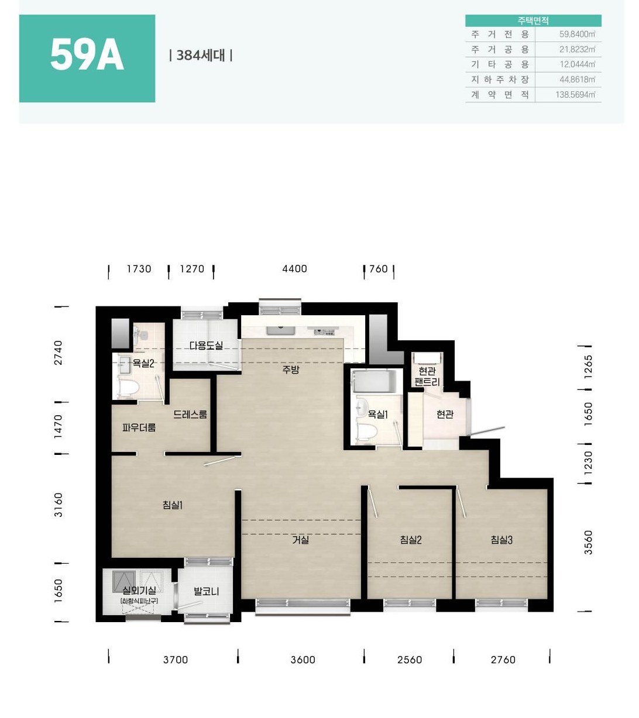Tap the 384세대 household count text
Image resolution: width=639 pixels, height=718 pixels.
201,56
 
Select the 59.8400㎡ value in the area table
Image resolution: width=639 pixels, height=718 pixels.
577,34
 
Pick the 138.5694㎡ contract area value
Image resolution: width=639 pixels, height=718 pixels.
575,95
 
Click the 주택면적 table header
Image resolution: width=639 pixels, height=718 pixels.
533,20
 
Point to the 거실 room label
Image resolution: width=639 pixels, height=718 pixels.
301,540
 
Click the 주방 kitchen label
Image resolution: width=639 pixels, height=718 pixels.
291,370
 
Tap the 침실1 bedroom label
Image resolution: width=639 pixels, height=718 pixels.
173,505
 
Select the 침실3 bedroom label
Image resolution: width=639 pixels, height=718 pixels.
501,540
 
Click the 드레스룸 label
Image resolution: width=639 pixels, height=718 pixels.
190,415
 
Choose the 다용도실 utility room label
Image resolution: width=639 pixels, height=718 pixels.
206,345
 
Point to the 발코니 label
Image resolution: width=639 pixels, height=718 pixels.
206,591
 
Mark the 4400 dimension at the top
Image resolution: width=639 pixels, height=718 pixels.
294,268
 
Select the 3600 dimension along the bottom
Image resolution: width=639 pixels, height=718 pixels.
303,660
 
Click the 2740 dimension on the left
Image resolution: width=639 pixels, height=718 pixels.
58,353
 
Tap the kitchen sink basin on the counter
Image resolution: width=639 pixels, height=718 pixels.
280,330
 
